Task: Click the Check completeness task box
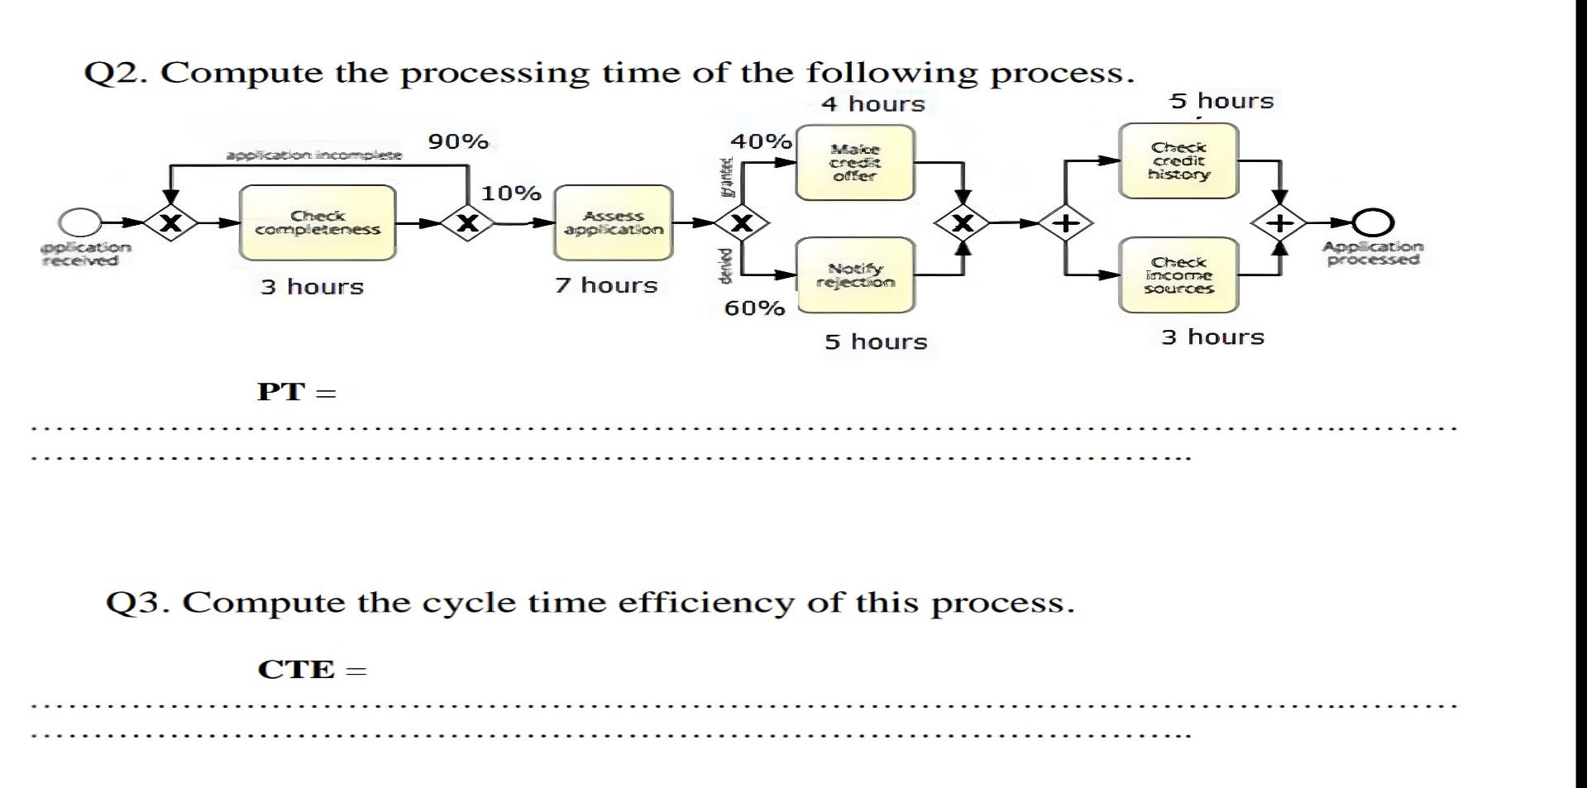318,222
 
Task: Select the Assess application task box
613,222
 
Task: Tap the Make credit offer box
855,163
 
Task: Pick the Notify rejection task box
855,275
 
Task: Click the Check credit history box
1178,161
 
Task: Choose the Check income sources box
1178,275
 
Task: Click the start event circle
79,222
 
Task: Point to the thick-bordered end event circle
1373,222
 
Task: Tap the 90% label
458,142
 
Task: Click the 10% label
511,193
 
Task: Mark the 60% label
754,308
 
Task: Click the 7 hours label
606,286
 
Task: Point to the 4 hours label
873,104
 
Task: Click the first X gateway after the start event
170,222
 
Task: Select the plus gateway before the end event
1279,222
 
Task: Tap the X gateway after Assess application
742,222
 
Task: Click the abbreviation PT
281,392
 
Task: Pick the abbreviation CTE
295,670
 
